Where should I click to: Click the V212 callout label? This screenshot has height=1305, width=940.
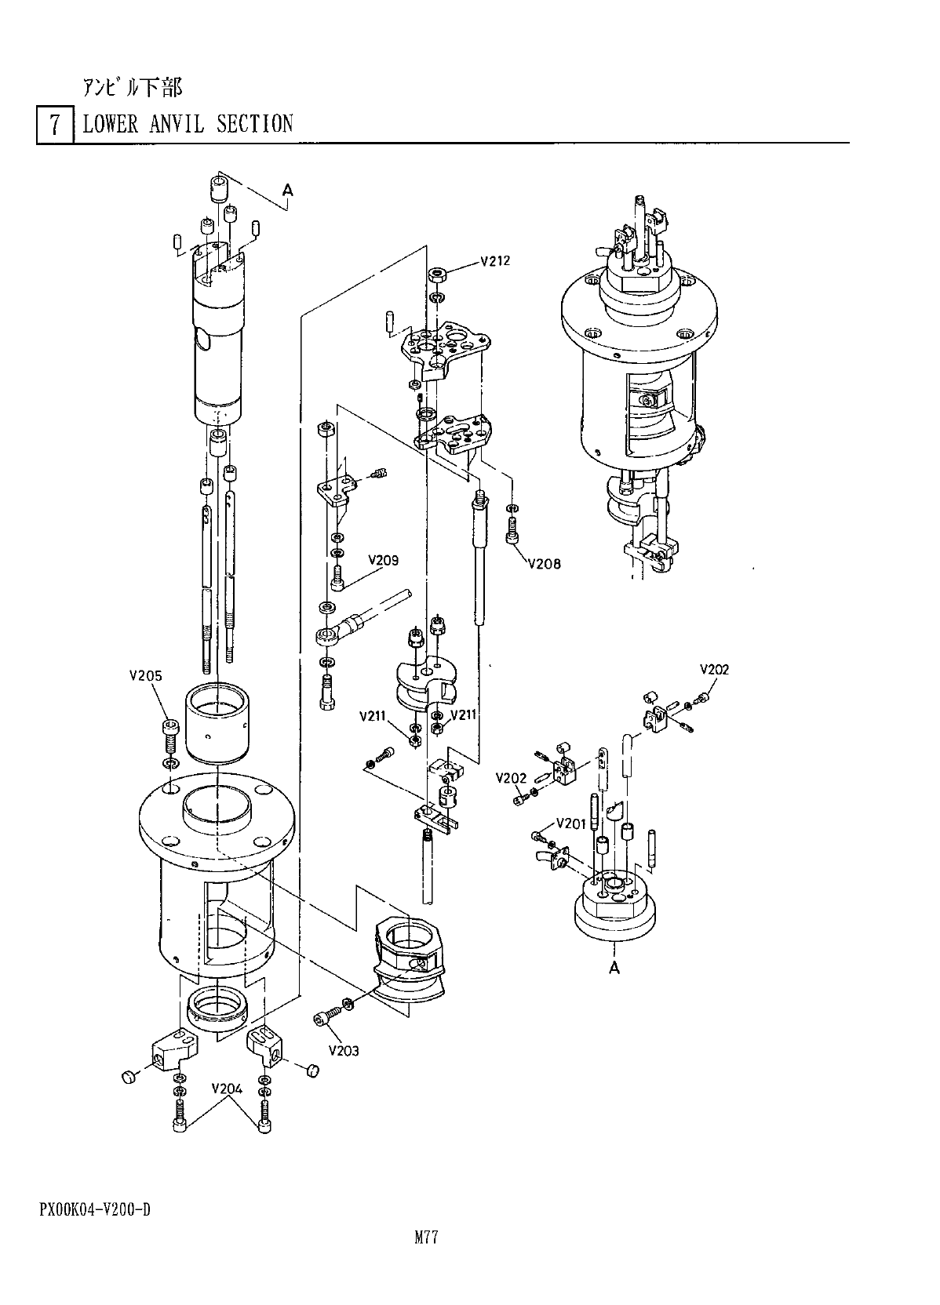point(495,261)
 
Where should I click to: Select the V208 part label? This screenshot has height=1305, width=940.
point(544,563)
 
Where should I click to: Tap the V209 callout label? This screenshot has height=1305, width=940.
point(383,561)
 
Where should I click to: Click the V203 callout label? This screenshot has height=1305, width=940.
point(344,1050)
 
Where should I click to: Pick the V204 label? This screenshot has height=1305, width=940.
point(227,1089)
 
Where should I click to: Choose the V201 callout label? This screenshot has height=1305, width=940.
point(571,823)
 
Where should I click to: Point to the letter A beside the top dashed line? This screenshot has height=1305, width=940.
point(288,190)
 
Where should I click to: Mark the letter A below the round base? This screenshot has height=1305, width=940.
point(614,968)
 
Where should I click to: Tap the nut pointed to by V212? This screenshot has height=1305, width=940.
point(438,275)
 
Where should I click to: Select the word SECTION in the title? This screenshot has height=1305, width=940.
point(254,124)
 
